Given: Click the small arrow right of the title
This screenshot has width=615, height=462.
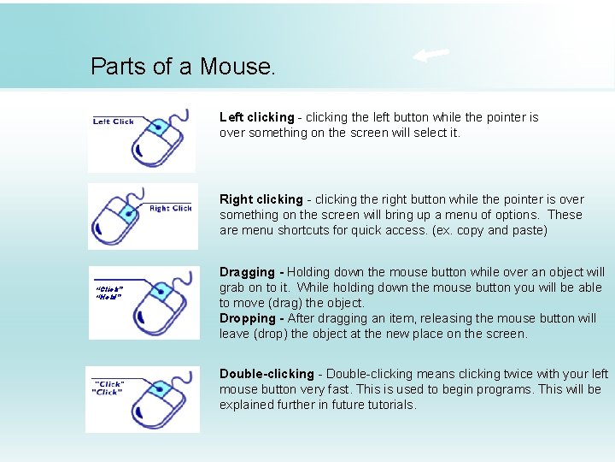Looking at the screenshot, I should [431, 56].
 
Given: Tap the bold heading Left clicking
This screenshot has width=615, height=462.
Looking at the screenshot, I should [256, 117].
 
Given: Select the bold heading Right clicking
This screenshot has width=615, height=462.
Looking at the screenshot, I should [261, 199].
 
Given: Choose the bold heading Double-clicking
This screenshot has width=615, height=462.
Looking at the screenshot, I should [266, 374].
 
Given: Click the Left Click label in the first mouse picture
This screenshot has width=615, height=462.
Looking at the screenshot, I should [114, 121].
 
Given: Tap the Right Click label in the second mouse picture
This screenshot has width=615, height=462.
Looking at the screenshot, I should [170, 208].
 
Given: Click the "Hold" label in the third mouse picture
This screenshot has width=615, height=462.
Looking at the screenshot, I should [108, 297].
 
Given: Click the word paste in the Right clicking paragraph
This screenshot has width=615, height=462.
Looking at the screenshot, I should [527, 230].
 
